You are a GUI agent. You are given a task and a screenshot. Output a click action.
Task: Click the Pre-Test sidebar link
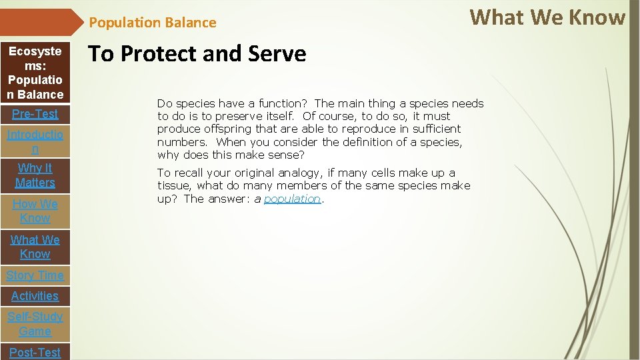click(35, 114)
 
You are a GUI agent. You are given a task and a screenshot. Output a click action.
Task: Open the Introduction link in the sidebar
click(35, 142)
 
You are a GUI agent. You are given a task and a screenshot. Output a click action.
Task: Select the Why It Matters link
click(35, 175)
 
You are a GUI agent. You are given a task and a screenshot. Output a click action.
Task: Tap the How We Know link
click(35, 211)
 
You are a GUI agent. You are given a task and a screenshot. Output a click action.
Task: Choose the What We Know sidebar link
click(35, 247)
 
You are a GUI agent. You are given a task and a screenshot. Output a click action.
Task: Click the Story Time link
click(35, 275)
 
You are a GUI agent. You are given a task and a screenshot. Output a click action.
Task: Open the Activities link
click(35, 296)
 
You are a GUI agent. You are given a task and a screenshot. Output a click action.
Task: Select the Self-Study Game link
click(35, 324)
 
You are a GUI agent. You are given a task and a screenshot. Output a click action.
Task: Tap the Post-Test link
click(35, 353)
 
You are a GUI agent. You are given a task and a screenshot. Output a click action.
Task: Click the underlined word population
click(292, 199)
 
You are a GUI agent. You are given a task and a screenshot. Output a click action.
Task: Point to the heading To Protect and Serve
click(197, 54)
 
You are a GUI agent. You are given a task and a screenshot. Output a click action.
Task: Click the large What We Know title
click(547, 17)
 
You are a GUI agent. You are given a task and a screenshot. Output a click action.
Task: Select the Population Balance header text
click(153, 23)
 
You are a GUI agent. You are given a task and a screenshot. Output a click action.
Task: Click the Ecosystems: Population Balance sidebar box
click(35, 73)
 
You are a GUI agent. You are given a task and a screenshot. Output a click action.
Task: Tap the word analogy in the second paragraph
click(300, 173)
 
